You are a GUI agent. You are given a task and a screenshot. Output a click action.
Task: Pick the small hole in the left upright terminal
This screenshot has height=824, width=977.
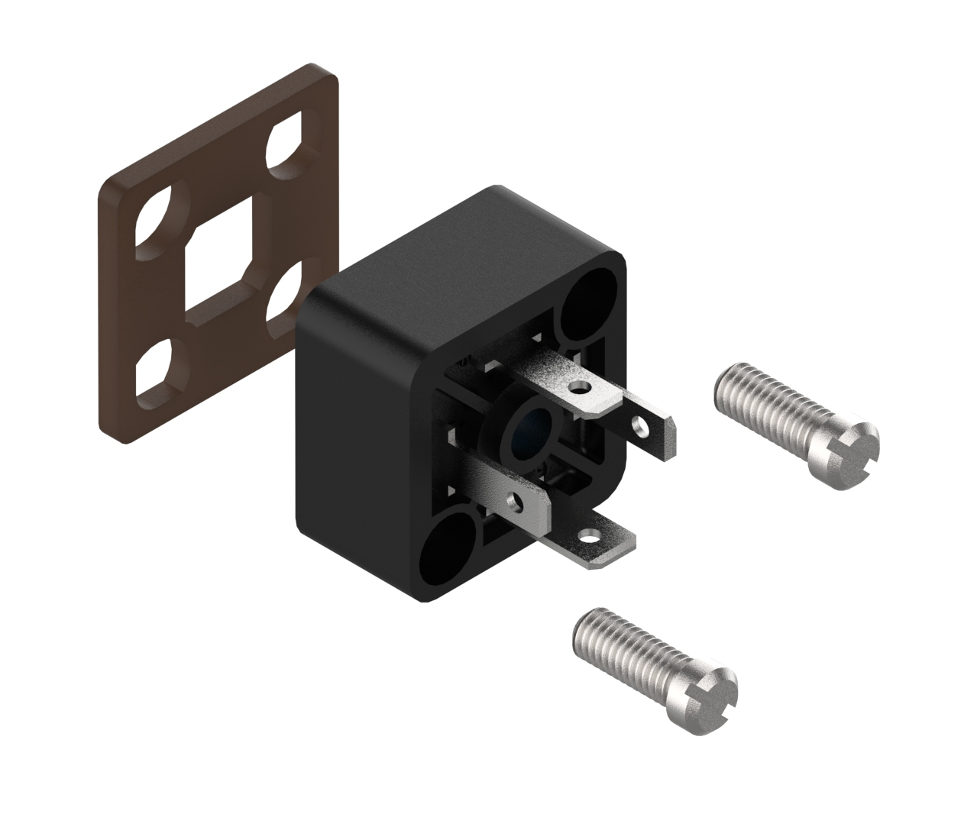click(x=519, y=502)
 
